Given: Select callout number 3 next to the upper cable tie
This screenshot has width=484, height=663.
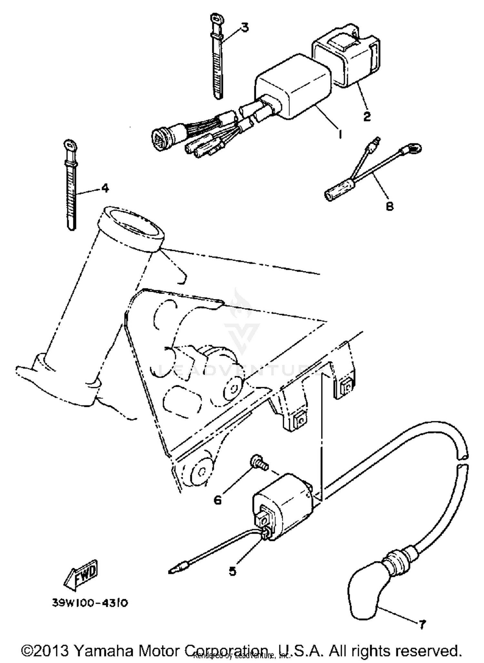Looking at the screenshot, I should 245,28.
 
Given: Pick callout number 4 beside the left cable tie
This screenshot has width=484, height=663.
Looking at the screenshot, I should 105,188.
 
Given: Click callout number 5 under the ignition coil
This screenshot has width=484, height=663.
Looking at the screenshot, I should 232,571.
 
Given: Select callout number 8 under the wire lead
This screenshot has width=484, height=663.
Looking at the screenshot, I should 390,206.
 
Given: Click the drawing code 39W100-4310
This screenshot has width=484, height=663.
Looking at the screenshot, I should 90,603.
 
